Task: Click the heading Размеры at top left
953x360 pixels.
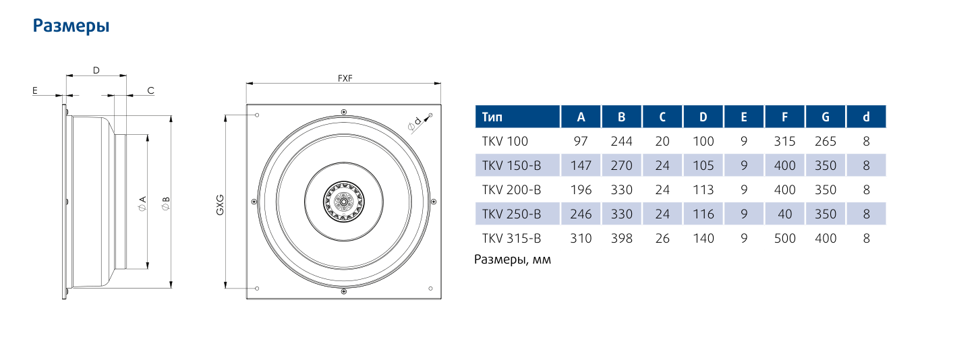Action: [x=71, y=26]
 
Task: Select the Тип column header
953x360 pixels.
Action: [x=492, y=117]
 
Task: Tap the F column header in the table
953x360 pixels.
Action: [x=784, y=117]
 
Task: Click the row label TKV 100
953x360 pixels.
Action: [x=504, y=141]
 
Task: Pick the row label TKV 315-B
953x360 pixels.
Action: [x=511, y=238]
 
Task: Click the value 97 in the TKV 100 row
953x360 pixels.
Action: [x=580, y=141]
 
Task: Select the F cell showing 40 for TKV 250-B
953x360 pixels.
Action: [x=784, y=214]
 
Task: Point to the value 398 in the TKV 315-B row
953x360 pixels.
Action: [x=622, y=238]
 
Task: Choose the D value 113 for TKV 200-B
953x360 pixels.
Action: [x=703, y=189]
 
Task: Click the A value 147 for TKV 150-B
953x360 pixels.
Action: [x=581, y=165]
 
